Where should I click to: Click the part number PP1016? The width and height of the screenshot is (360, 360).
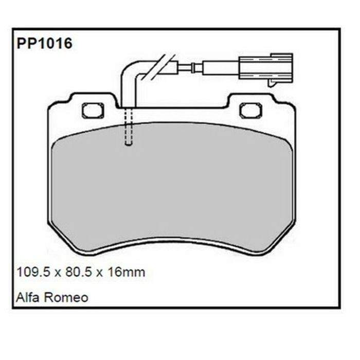45,44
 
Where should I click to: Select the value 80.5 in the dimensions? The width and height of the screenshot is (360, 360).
77,272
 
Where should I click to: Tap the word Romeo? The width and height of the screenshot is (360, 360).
67,297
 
